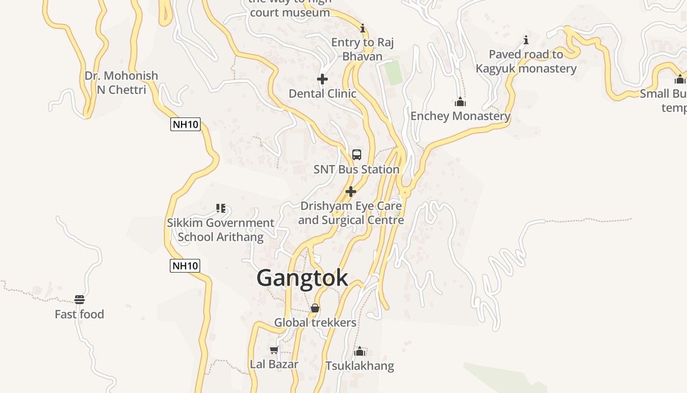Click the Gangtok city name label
click(x=302, y=278)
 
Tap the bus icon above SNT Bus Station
click(x=357, y=154)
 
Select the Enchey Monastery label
click(x=460, y=116)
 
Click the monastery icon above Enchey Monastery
click(x=460, y=102)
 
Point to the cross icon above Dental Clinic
click(x=322, y=79)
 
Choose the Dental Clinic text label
click(x=322, y=93)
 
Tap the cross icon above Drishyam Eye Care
click(x=351, y=191)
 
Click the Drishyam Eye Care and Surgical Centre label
click(x=351, y=213)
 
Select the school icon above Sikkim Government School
click(x=221, y=208)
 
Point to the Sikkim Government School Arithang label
click(x=220, y=230)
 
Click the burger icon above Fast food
click(x=79, y=299)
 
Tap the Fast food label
click(x=79, y=314)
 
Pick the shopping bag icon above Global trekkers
click(x=315, y=308)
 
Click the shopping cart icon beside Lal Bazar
click(x=274, y=350)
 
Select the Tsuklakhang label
click(x=360, y=366)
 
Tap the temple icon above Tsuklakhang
click(x=360, y=351)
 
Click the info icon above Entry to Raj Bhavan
click(x=363, y=28)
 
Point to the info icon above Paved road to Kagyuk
click(x=526, y=39)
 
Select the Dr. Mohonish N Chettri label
click(x=121, y=83)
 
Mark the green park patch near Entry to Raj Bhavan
click(x=393, y=73)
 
